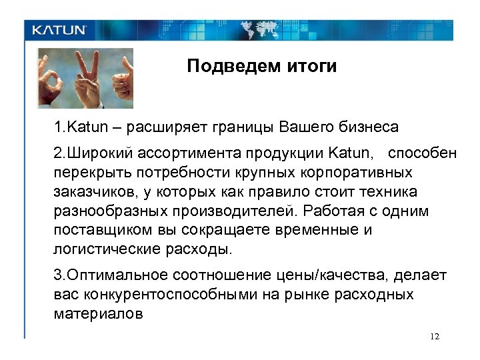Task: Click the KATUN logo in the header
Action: [60, 30]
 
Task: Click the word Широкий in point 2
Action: [99, 154]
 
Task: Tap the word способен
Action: [422, 154]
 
